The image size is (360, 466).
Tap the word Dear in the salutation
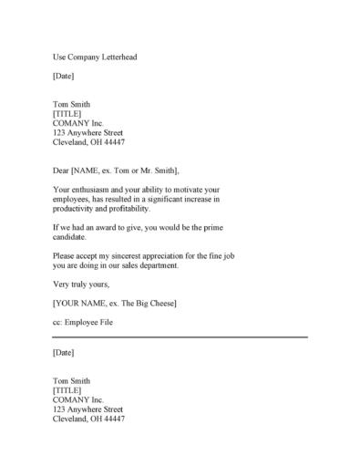pyautogui.click(x=62, y=171)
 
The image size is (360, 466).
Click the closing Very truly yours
pyautogui.click(x=82, y=285)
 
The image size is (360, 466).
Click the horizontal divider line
pyautogui.click(x=180, y=337)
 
